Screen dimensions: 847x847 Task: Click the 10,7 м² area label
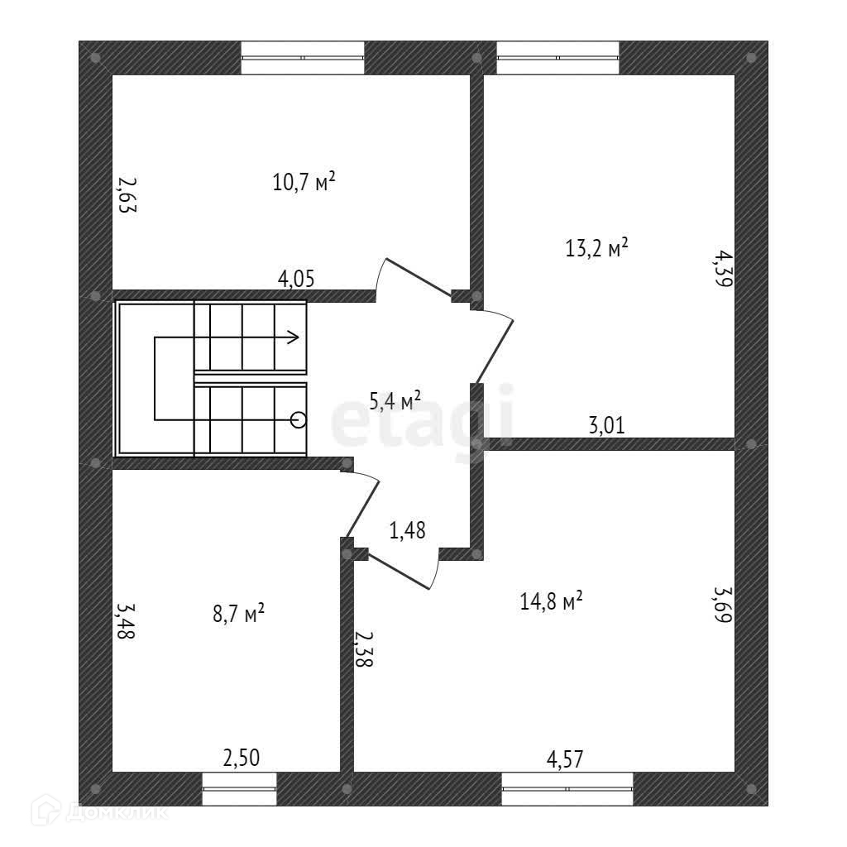tap(304, 181)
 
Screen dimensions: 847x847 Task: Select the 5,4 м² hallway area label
tap(395, 402)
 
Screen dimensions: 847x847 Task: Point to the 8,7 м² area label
tap(238, 614)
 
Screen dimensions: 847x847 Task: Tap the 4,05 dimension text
tap(296, 279)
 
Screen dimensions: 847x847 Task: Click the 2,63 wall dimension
tap(127, 195)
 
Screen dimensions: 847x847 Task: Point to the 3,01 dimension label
tap(606, 426)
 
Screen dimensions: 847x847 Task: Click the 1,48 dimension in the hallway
tap(407, 530)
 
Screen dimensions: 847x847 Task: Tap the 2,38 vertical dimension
tap(361, 648)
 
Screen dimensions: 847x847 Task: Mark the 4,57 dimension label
tap(566, 757)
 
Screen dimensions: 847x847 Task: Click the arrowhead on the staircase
tap(294, 337)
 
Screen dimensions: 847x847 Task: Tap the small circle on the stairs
tap(299, 420)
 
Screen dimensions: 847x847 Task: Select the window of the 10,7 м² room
tap(303, 58)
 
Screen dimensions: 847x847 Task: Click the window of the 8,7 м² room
tap(240, 788)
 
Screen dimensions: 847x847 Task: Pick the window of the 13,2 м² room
tap(557, 58)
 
